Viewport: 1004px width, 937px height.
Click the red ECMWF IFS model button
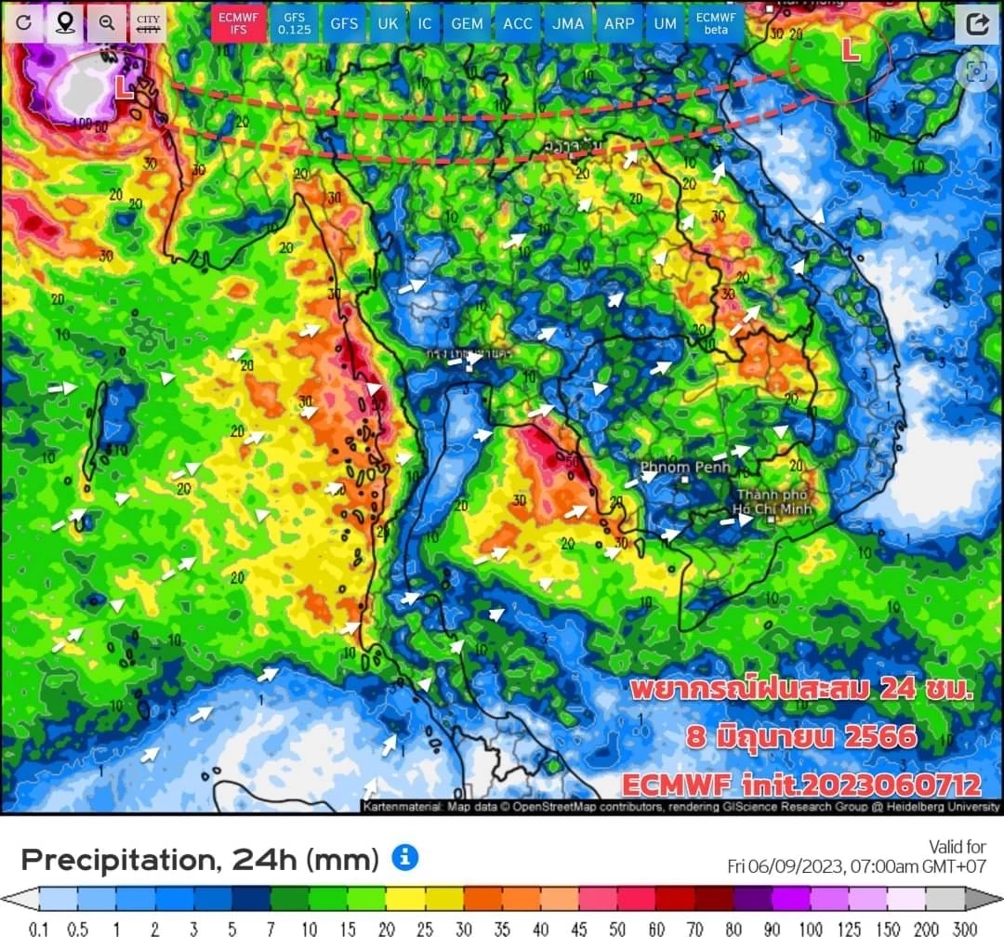point(234,23)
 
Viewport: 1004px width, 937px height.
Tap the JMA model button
point(567,23)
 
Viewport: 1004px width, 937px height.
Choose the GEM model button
point(466,23)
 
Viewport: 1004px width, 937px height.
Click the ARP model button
point(619,23)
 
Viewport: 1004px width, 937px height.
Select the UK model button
point(387,23)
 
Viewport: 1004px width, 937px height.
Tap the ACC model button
point(518,23)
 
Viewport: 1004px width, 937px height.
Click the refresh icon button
point(24,23)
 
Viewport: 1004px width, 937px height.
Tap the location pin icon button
point(65,23)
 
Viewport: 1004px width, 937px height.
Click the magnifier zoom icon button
point(107,23)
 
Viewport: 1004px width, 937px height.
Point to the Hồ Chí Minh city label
point(773,502)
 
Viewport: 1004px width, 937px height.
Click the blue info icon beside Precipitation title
point(404,857)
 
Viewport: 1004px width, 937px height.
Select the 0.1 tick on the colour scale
point(39,928)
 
